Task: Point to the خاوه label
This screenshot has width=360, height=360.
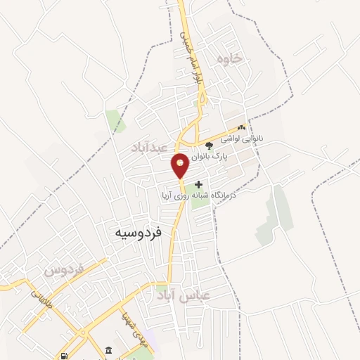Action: point(229,59)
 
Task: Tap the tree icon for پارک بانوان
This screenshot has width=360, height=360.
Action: point(209,148)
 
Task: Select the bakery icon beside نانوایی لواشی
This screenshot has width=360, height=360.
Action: point(242,128)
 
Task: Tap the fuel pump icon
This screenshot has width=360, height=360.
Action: point(65,356)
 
